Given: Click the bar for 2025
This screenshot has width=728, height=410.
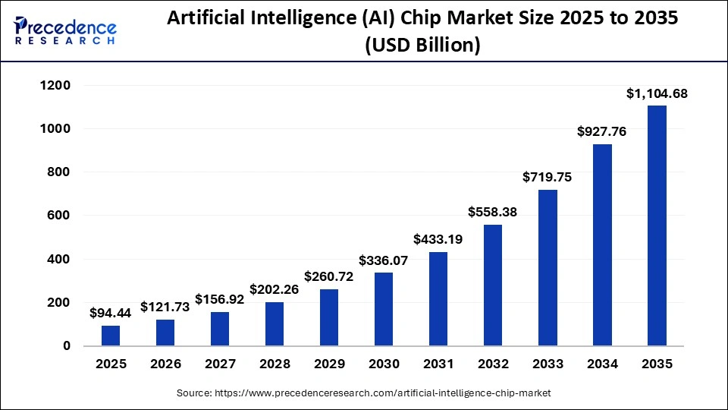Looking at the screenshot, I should tap(111, 336).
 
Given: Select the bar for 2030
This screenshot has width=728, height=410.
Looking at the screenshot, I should tap(384, 309).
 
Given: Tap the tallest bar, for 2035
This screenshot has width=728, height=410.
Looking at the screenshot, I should tap(657, 225).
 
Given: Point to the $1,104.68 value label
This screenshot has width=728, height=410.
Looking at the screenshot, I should tap(657, 93).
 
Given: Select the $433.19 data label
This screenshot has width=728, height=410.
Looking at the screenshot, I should tap(438, 239).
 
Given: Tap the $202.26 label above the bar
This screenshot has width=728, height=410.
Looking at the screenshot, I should tap(275, 289).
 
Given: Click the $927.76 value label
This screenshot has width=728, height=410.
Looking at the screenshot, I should tap(602, 131).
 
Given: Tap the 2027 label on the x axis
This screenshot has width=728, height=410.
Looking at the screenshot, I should tap(220, 364).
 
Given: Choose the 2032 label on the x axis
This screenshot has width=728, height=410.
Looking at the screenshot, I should tap(493, 364).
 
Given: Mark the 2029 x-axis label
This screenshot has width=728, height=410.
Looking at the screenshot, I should tap(329, 364).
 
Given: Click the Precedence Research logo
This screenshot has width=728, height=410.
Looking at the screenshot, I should tap(65, 30).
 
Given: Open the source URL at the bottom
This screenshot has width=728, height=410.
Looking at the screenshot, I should tap(364, 393).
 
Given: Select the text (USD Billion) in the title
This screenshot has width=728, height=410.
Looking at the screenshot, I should tap(422, 46).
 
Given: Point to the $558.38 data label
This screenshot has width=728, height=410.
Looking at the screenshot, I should tap(493, 213).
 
